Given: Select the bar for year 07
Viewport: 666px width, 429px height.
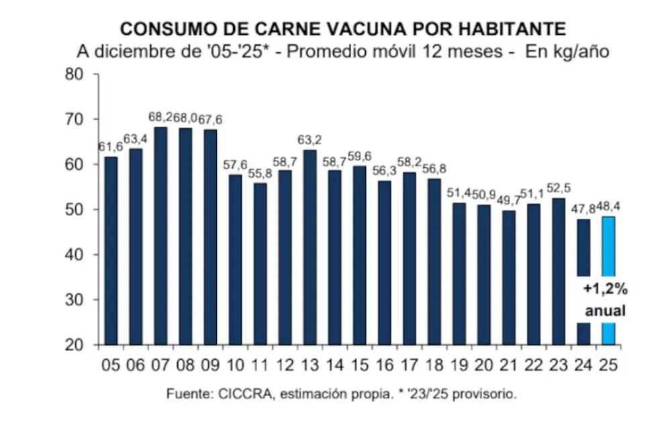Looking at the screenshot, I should point(160,235).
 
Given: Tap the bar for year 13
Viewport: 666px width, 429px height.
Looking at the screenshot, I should point(310,247).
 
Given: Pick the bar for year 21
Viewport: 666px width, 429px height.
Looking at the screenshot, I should point(508,277).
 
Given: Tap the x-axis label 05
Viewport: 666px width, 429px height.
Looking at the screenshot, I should point(110,366).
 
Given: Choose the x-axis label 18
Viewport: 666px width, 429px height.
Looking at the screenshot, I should point(434,366).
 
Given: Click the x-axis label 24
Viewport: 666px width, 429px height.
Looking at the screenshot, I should point(583,366).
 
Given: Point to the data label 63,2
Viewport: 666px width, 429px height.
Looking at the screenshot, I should point(310,141).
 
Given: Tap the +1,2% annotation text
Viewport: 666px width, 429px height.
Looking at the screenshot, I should point(605,291).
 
